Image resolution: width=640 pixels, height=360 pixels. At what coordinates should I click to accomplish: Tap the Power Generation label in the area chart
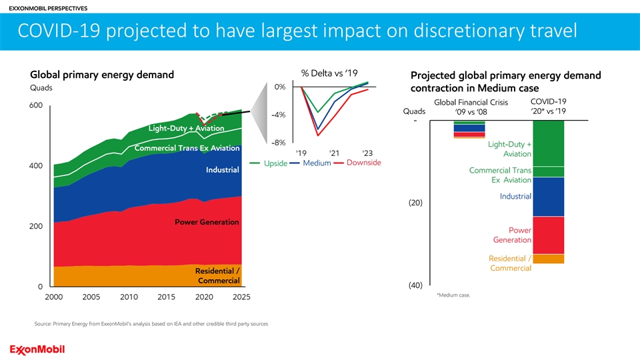[x=207, y=221]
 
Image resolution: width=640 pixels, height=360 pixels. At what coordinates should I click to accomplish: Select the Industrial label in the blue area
[x=222, y=170]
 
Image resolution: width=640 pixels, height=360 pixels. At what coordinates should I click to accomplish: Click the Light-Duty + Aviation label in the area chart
[x=186, y=128]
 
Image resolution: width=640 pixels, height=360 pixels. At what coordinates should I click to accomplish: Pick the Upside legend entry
[x=274, y=163]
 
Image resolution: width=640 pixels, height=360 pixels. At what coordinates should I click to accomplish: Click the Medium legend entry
[x=317, y=163]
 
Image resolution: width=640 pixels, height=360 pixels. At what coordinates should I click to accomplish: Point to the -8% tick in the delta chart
[x=278, y=142]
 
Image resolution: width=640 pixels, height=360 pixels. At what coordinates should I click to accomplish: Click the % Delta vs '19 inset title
[x=331, y=72]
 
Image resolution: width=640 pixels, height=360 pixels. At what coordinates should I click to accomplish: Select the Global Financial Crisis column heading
[x=471, y=102]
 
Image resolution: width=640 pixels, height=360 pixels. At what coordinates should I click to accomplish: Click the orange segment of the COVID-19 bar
[x=549, y=259]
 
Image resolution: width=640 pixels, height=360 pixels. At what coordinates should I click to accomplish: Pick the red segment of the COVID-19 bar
[x=549, y=235]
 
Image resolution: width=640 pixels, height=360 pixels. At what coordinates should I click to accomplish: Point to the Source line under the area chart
[x=151, y=324]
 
